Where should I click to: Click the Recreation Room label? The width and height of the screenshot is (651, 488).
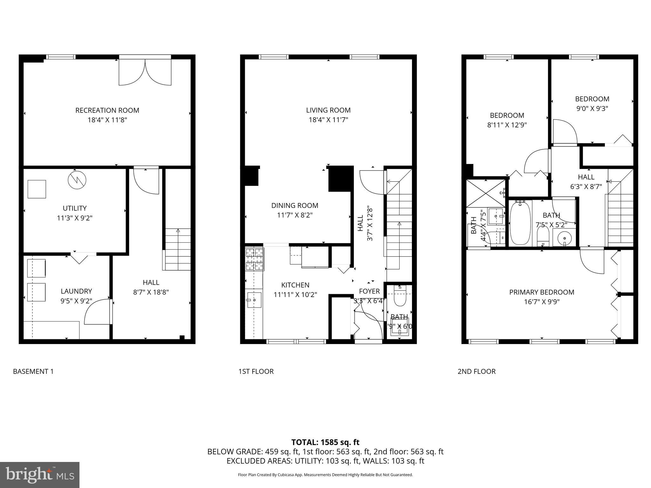[x=107, y=110]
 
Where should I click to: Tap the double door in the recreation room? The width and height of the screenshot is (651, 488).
[x=145, y=71]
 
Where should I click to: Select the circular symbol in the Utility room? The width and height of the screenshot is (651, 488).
[x=77, y=180]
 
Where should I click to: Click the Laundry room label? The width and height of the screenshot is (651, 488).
[x=76, y=291]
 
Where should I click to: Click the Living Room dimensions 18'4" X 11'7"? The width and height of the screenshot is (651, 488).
[x=328, y=120]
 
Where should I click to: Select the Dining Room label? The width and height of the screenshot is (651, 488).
[x=295, y=206]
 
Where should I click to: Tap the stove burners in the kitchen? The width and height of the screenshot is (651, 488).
[x=255, y=259]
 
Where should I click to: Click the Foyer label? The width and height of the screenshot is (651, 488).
[x=369, y=291]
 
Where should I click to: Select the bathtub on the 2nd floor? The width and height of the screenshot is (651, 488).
[x=520, y=223]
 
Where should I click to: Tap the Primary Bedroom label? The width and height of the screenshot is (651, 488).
[x=542, y=292]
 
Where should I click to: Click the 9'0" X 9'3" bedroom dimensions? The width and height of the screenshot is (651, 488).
[x=592, y=108]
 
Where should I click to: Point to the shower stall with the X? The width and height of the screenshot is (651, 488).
[x=486, y=193]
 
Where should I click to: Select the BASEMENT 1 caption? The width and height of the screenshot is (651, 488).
[x=33, y=371]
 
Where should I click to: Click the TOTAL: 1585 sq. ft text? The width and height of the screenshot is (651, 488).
[x=325, y=442]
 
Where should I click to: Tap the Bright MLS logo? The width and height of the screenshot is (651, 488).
[x=40, y=475]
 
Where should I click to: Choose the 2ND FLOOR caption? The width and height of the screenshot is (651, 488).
[x=476, y=371]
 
